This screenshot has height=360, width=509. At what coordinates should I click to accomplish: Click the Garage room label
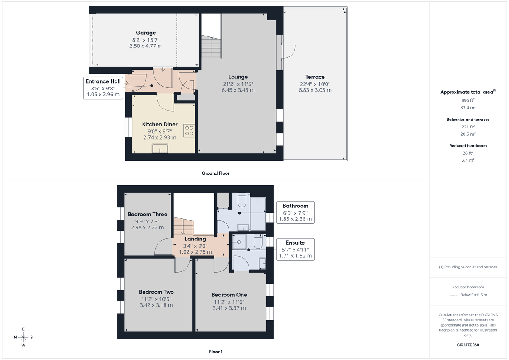[x=145, y=33]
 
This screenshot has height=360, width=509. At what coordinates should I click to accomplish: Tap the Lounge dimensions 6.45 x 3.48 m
[x=238, y=90]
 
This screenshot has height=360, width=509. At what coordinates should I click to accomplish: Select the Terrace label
[x=315, y=77]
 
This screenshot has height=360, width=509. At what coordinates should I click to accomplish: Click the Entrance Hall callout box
[x=103, y=88]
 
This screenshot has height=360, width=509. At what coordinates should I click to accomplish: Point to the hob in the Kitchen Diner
[x=189, y=131]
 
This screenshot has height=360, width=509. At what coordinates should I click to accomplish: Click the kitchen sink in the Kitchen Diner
[x=160, y=148]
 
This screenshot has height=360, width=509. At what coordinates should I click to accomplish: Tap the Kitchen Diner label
[x=159, y=124]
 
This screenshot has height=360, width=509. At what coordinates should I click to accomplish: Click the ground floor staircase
[x=211, y=47]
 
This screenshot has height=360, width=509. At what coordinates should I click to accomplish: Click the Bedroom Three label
[x=147, y=215]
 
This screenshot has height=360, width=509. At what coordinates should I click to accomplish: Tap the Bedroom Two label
[x=156, y=292]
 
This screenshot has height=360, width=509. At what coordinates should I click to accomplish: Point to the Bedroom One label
[x=229, y=295]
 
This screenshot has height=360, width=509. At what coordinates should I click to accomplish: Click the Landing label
[x=195, y=239]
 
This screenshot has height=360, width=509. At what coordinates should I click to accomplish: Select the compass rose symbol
[x=23, y=337]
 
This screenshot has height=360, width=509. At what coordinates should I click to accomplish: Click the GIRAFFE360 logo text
[x=468, y=345]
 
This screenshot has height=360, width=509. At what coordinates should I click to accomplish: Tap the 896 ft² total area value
[x=468, y=100]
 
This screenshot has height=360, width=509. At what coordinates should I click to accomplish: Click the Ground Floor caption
[x=215, y=173]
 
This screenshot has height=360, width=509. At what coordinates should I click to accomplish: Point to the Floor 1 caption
[x=215, y=352]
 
